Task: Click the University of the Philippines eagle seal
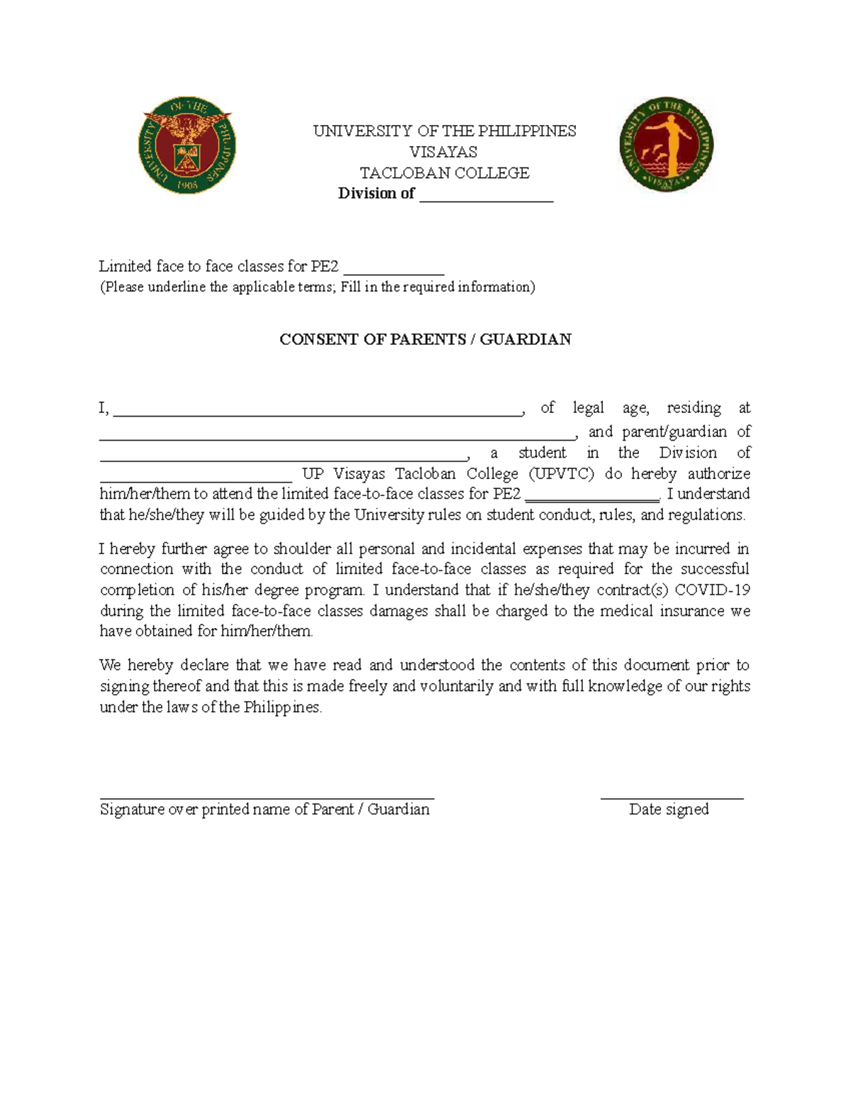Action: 187,145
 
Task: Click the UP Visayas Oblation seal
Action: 666,145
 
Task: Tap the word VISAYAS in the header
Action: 443,152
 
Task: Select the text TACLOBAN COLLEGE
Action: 444,173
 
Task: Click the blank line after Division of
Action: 486,199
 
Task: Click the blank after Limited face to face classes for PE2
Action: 394,271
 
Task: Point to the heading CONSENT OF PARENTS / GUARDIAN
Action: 425,339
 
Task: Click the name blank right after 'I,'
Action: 316,412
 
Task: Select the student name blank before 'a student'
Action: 284,458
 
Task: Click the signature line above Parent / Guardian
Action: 267,798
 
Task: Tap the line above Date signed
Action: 672,798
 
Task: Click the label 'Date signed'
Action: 669,810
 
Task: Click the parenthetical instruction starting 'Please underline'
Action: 317,287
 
